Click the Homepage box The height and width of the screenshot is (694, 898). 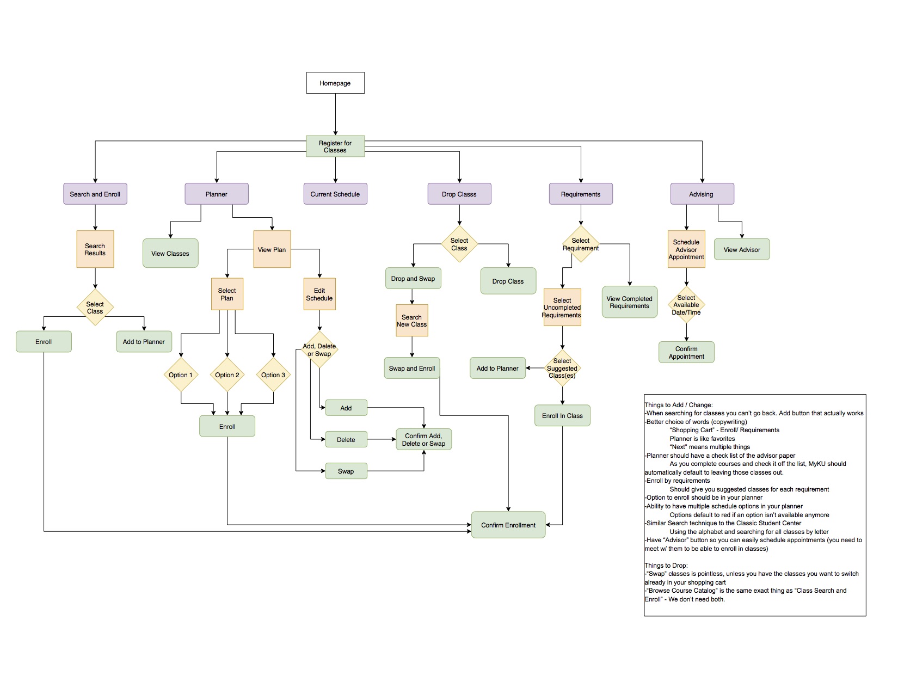click(x=335, y=83)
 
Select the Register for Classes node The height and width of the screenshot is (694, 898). click(x=335, y=146)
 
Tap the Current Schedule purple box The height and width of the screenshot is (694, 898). click(x=335, y=194)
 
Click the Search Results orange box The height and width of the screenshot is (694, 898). click(x=95, y=249)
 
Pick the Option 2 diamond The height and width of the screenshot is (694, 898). click(x=227, y=375)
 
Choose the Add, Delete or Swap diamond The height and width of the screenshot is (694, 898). click(x=319, y=350)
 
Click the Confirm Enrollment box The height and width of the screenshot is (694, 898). click(x=508, y=525)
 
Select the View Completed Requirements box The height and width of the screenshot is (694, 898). click(x=630, y=303)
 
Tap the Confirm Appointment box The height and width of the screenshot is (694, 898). click(x=686, y=353)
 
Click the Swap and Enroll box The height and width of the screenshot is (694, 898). click(x=412, y=369)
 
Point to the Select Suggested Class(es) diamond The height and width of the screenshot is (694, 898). click(x=562, y=369)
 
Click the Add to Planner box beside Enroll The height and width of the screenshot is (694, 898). click(x=144, y=342)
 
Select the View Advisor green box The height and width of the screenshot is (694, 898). click(x=742, y=250)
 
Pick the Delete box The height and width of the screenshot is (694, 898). click(x=346, y=440)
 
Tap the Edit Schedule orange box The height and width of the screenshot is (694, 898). click(x=319, y=294)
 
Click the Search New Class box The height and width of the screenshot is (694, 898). click(x=412, y=321)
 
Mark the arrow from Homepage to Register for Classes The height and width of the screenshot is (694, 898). click(x=335, y=114)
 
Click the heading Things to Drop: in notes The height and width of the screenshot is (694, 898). click(x=666, y=566)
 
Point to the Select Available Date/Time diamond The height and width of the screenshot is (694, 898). click(x=686, y=305)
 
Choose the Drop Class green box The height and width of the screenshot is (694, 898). click(x=508, y=281)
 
